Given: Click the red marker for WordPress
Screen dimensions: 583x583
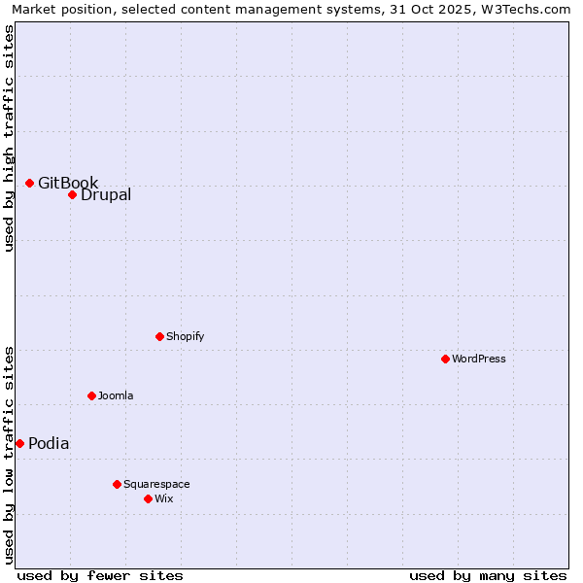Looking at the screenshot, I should pos(445,359).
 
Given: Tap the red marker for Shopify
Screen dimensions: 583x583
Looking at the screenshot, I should pos(159,336).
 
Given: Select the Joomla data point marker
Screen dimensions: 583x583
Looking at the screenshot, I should pos(91,395).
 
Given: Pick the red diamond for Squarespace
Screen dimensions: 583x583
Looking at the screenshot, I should pos(117,484).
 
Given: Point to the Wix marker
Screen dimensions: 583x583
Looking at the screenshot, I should pos(148,498).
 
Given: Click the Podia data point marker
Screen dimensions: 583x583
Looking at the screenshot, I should pos(19,443).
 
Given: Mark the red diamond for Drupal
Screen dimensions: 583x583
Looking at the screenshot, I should pos(72,194).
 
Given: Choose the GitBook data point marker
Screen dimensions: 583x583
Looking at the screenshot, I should pos(29,183).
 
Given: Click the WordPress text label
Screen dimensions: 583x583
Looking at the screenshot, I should pos(479,359).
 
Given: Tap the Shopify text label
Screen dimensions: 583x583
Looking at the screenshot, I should pos(186,336).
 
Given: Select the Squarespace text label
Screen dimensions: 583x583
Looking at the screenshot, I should pos(156,484).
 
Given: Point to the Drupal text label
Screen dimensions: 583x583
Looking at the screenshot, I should pos(106,194).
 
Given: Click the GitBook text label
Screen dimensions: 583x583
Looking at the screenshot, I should pos(68,183).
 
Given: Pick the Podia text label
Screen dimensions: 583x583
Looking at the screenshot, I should pos(49,443).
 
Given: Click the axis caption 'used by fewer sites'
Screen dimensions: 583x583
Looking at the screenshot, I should pos(100,575).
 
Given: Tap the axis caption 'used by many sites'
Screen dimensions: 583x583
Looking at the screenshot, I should pos(488,575).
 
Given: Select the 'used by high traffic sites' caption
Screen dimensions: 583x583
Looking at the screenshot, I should pos(9,138).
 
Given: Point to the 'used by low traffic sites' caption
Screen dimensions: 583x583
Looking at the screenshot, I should pos(9,455).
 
